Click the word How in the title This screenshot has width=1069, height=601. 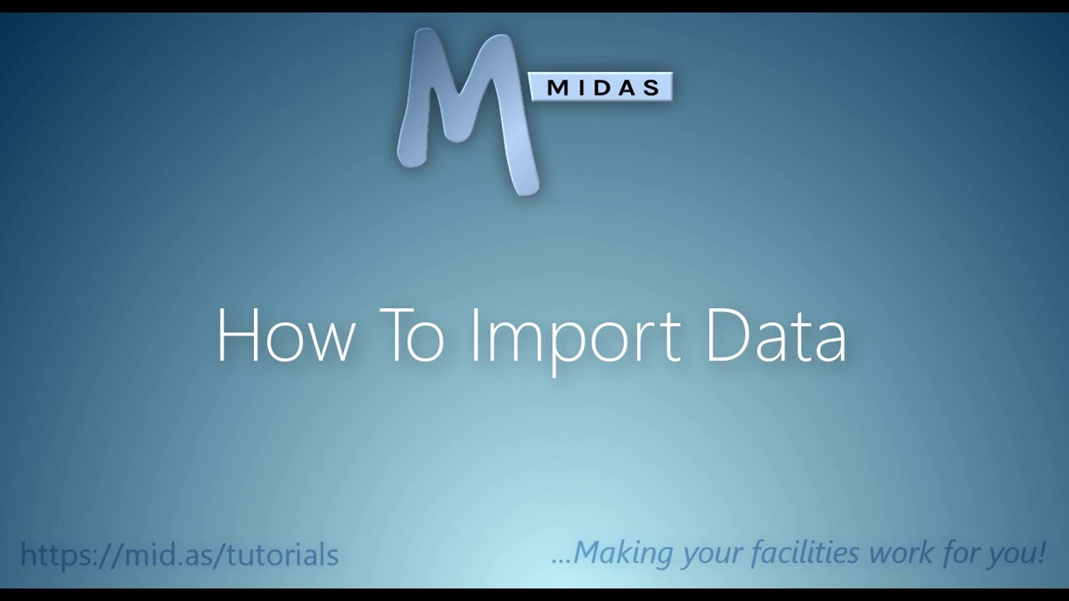[285, 336]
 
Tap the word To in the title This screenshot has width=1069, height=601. [411, 336]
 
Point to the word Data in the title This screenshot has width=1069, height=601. [776, 336]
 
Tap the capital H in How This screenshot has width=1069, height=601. [239, 336]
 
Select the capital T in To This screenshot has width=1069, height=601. [398, 336]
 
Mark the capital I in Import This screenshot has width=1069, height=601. [474, 336]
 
